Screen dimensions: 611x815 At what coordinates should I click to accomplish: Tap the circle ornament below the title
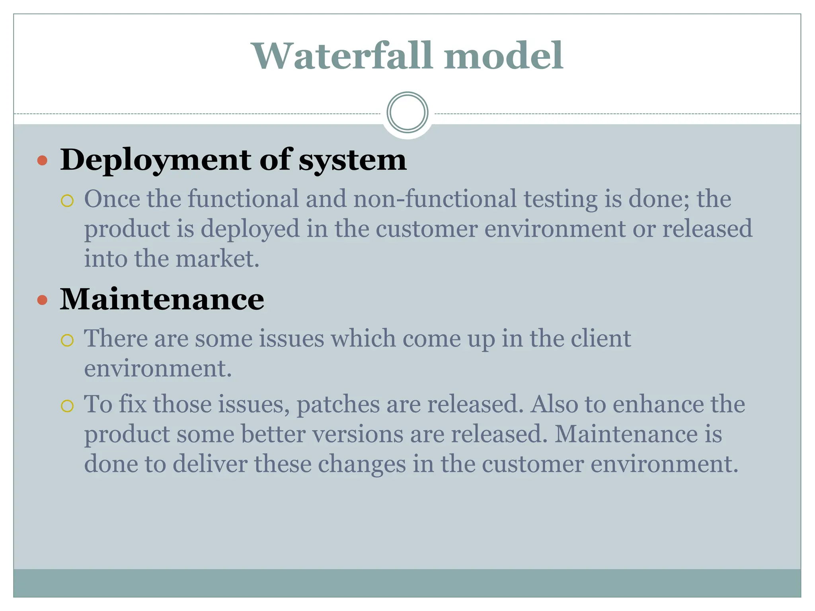tap(407, 113)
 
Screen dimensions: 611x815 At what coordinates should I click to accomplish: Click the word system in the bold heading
tap(353, 160)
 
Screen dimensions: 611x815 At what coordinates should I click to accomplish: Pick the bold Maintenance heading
tap(162, 299)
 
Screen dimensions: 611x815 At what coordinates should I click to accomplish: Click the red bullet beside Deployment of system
tap(42, 161)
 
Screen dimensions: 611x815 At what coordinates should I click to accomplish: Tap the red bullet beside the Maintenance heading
tap(42, 300)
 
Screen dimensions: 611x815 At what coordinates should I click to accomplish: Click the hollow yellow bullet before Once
tap(67, 201)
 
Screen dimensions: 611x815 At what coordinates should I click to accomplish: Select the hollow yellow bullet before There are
tap(67, 341)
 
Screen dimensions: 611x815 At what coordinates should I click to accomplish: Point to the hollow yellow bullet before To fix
tap(67, 406)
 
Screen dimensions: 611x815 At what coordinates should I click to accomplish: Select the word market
tap(217, 259)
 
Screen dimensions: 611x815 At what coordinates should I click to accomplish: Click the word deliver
tap(210, 464)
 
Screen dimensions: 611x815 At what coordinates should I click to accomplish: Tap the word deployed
tap(250, 230)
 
